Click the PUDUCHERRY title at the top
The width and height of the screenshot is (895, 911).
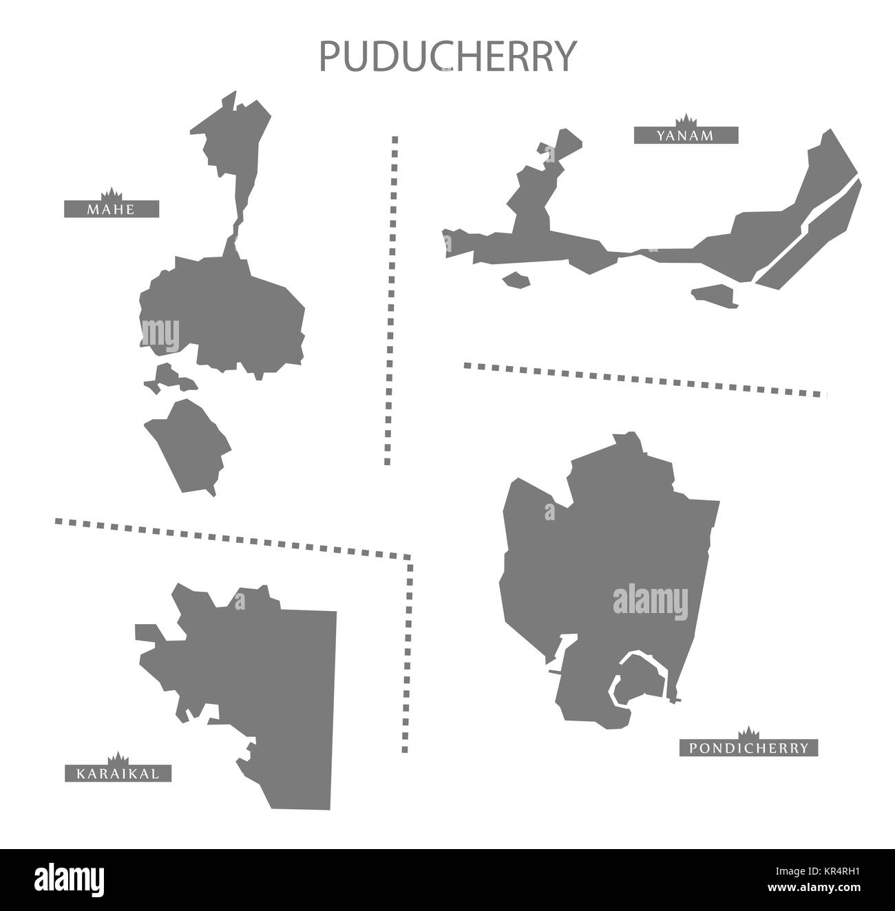click(x=446, y=56)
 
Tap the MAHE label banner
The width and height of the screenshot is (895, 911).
click(x=112, y=208)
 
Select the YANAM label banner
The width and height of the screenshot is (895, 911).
click(x=686, y=136)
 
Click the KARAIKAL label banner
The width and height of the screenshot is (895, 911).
click(x=117, y=774)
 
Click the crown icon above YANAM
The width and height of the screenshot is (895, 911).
click(x=685, y=119)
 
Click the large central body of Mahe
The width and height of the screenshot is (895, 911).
click(x=220, y=310)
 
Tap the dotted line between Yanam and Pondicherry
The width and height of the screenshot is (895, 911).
click(x=644, y=379)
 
